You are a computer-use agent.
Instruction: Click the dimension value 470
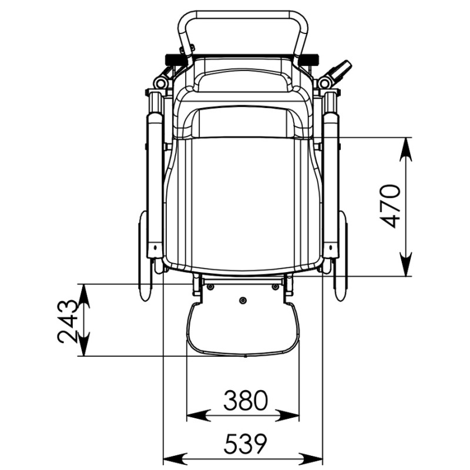point(390,206)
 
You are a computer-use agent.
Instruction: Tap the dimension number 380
point(246,400)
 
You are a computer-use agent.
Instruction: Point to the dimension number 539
point(246,444)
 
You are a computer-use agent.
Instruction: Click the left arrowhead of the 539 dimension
point(174,459)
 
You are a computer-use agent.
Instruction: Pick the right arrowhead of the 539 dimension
point(312,459)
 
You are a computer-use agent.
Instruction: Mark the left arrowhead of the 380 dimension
point(199,415)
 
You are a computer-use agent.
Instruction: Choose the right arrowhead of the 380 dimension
point(288,415)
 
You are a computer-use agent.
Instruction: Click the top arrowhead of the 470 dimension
point(406,149)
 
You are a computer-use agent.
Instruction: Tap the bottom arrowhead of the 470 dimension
point(406,264)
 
